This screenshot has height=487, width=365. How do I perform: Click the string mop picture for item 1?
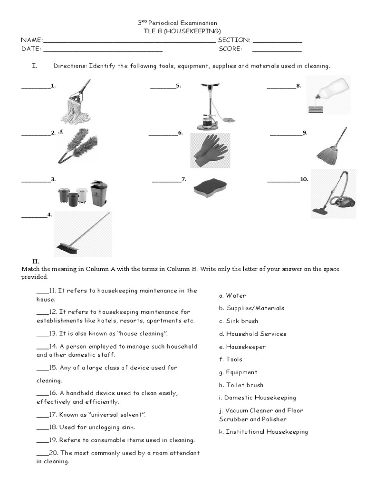tap(75, 104)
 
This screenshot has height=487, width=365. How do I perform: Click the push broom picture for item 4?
tap(83, 234)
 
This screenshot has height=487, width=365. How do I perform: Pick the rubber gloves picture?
tap(210, 150)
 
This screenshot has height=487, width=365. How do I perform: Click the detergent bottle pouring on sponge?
tap(328, 95)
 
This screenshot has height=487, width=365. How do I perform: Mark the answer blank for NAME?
tap(129, 40)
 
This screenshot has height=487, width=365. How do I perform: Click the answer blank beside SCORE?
tap(277, 49)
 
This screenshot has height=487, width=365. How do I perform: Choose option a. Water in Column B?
tap(232, 295)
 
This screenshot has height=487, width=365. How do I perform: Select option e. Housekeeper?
tap(242, 347)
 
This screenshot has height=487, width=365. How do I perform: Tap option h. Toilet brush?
tap(241, 385)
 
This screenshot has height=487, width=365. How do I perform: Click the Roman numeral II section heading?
tap(36, 261)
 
